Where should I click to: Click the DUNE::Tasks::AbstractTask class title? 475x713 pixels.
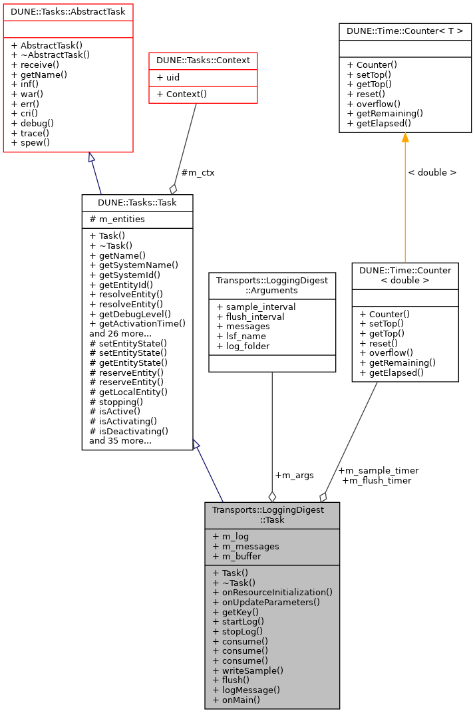tap(69, 11)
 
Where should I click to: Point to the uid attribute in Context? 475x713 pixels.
tap(170, 78)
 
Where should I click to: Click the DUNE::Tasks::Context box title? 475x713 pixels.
tap(203, 61)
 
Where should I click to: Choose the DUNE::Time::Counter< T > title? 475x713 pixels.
tap(405, 31)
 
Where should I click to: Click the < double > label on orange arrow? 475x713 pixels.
tap(432, 172)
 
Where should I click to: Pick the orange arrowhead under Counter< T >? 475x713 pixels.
tap(405, 138)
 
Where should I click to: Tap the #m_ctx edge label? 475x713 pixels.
tap(198, 172)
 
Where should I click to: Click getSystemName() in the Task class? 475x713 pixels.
tap(134, 265)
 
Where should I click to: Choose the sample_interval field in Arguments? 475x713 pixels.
tap(255, 307)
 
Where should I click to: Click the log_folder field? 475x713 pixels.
tap(243, 347)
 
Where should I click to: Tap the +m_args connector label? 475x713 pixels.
tap(294, 476)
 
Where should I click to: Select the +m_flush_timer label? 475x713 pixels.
tap(377, 480)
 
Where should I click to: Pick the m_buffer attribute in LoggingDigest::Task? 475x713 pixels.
tap(237, 556)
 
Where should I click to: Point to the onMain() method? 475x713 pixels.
tap(236, 700)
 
